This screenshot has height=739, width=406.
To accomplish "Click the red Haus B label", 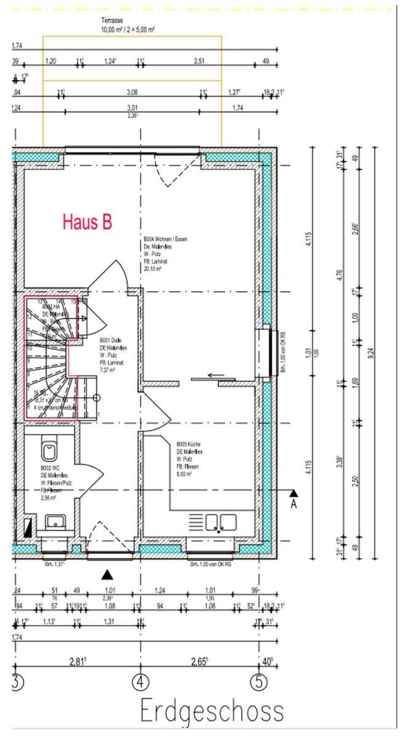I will pyautogui.click(x=87, y=222).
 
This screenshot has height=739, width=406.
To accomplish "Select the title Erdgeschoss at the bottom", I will pyautogui.click(x=213, y=711).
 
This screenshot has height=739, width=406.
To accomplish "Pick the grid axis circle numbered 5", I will pyautogui.click(x=258, y=683).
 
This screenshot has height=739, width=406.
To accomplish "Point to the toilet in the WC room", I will pyautogui.click(x=48, y=451).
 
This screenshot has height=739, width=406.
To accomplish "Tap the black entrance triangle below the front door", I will pyautogui.click(x=108, y=575).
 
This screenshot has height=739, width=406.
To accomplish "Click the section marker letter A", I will pyautogui.click(x=294, y=504).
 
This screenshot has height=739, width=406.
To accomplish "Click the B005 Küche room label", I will pyautogui.click(x=188, y=444).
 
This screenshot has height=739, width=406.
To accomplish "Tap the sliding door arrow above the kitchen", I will pyautogui.click(x=215, y=374).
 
